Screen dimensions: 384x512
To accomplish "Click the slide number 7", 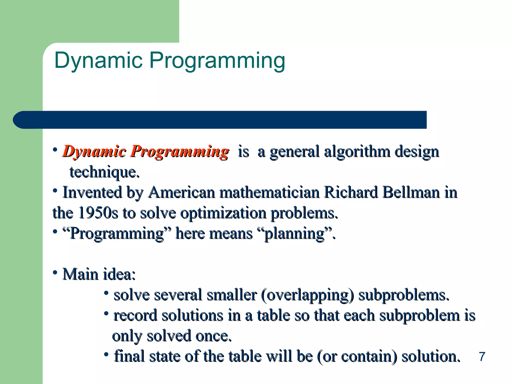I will pos(482,356).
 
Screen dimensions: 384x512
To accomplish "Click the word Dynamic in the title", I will pos(98,60).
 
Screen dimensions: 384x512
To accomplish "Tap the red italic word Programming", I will pos(179,151).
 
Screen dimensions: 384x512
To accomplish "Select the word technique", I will pos(104,172).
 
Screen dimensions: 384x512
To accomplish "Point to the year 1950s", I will pos(98,213).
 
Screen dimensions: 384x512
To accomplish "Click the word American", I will pos(181,192).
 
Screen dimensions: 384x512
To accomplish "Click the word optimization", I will pos(223,213).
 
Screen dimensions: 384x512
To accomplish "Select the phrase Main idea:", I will pos(99,274).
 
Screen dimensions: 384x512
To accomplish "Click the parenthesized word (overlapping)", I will pos(307,295).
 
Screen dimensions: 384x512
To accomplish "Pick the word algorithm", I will pos(357,151).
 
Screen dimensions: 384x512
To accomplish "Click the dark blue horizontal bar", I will pos(220,120).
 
